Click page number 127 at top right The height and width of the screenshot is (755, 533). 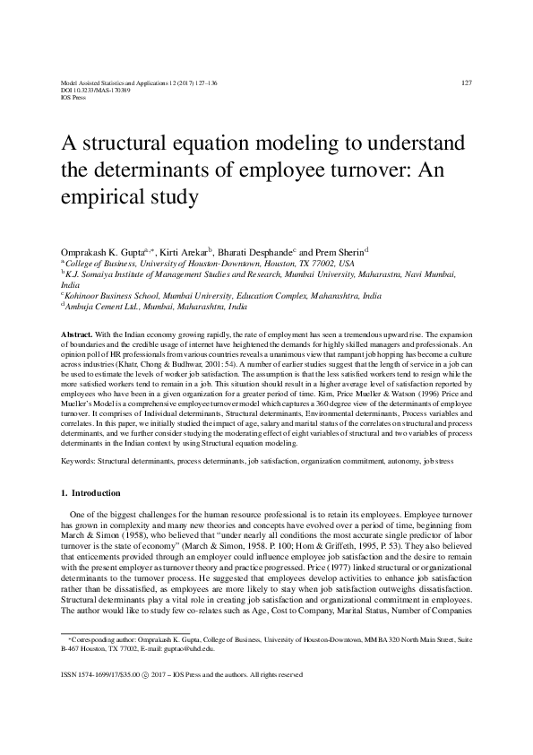pyautogui.click(x=466, y=82)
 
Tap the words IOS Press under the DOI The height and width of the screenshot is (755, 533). pyautogui.click(x=69, y=97)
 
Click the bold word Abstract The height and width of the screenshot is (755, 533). pyautogui.click(x=75, y=333)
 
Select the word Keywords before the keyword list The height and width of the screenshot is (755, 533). pyautogui.click(x=77, y=434)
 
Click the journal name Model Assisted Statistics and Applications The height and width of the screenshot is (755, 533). pyautogui.click(x=121, y=82)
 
